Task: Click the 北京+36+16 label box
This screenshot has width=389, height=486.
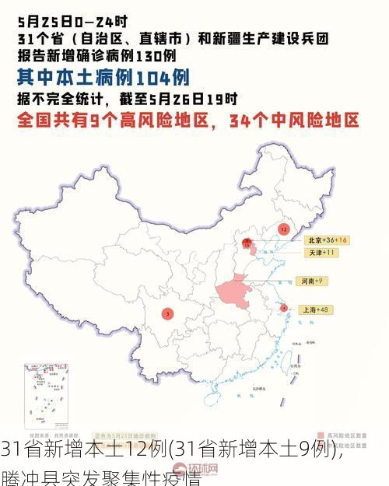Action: click(325, 240)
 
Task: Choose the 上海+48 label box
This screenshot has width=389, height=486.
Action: click(317, 309)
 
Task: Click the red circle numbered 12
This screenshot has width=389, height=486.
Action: click(283, 229)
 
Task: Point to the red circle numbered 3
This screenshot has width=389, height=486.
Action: click(167, 313)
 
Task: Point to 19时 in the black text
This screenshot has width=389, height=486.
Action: click(226, 99)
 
